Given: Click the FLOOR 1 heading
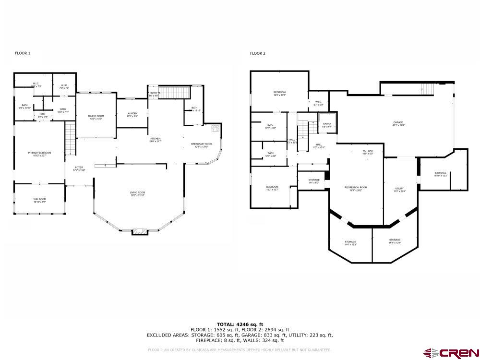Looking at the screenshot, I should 23,53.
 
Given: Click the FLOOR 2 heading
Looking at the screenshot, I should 257,53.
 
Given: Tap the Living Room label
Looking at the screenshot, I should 137,193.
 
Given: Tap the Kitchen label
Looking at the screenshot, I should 155,140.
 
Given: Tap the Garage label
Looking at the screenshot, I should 398,124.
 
